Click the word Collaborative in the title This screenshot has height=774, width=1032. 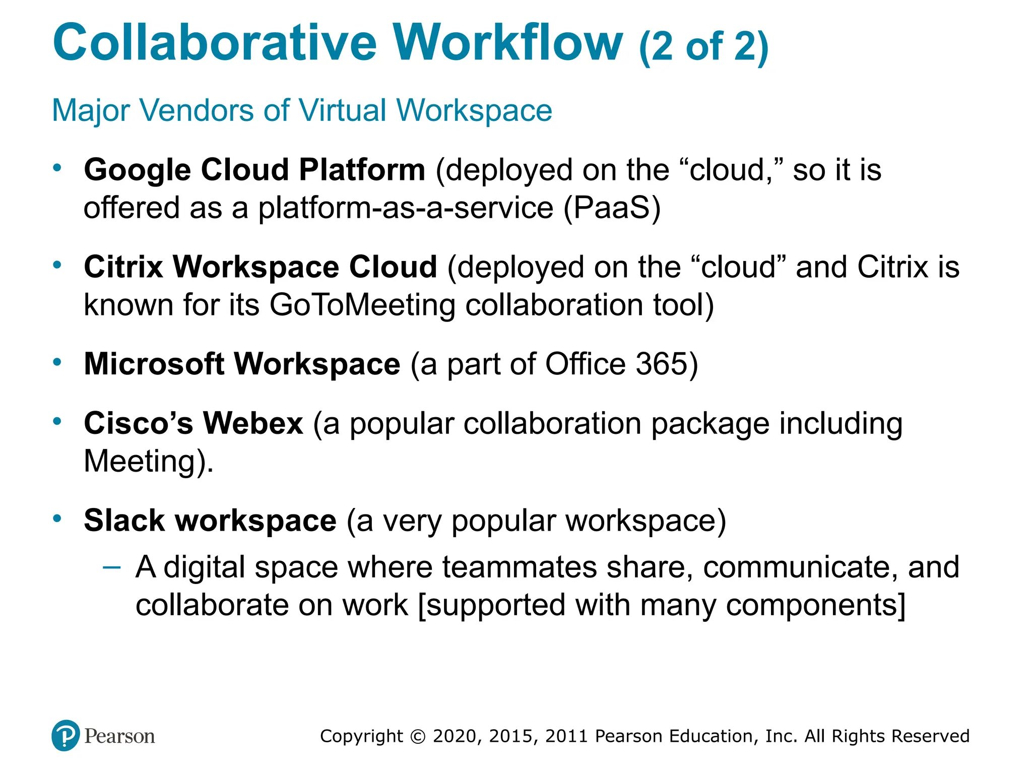coord(215,42)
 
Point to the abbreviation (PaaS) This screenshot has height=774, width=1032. coord(611,208)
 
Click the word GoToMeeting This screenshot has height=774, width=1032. coord(362,305)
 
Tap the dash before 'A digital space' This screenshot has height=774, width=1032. coord(111,567)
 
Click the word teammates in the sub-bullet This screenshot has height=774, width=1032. coord(519,567)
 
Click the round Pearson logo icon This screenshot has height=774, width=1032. coord(66,736)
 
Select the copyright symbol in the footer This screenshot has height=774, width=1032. coord(418,736)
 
